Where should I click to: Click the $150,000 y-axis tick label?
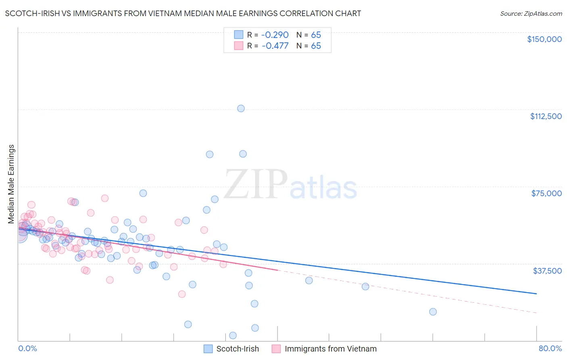point(544,39)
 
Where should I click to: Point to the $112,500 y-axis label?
point(546,116)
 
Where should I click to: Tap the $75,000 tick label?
point(546,193)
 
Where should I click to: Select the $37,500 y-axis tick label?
point(547,271)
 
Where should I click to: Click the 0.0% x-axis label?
point(27,349)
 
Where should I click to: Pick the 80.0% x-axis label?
point(550,349)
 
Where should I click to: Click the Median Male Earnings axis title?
point(11,184)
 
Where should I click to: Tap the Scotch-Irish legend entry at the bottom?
point(231,349)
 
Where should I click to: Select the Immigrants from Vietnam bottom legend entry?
point(324,349)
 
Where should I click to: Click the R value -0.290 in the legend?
point(275,35)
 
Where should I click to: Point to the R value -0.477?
point(275,46)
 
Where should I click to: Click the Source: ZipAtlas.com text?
point(531,14)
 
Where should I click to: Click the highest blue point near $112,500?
point(241,109)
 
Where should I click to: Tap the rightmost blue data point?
point(433,312)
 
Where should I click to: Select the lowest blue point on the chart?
point(233,335)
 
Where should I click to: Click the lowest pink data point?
point(182,294)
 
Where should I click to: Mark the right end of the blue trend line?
point(536,293)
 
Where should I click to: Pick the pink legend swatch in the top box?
point(239,46)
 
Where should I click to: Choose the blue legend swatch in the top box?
point(239,35)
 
